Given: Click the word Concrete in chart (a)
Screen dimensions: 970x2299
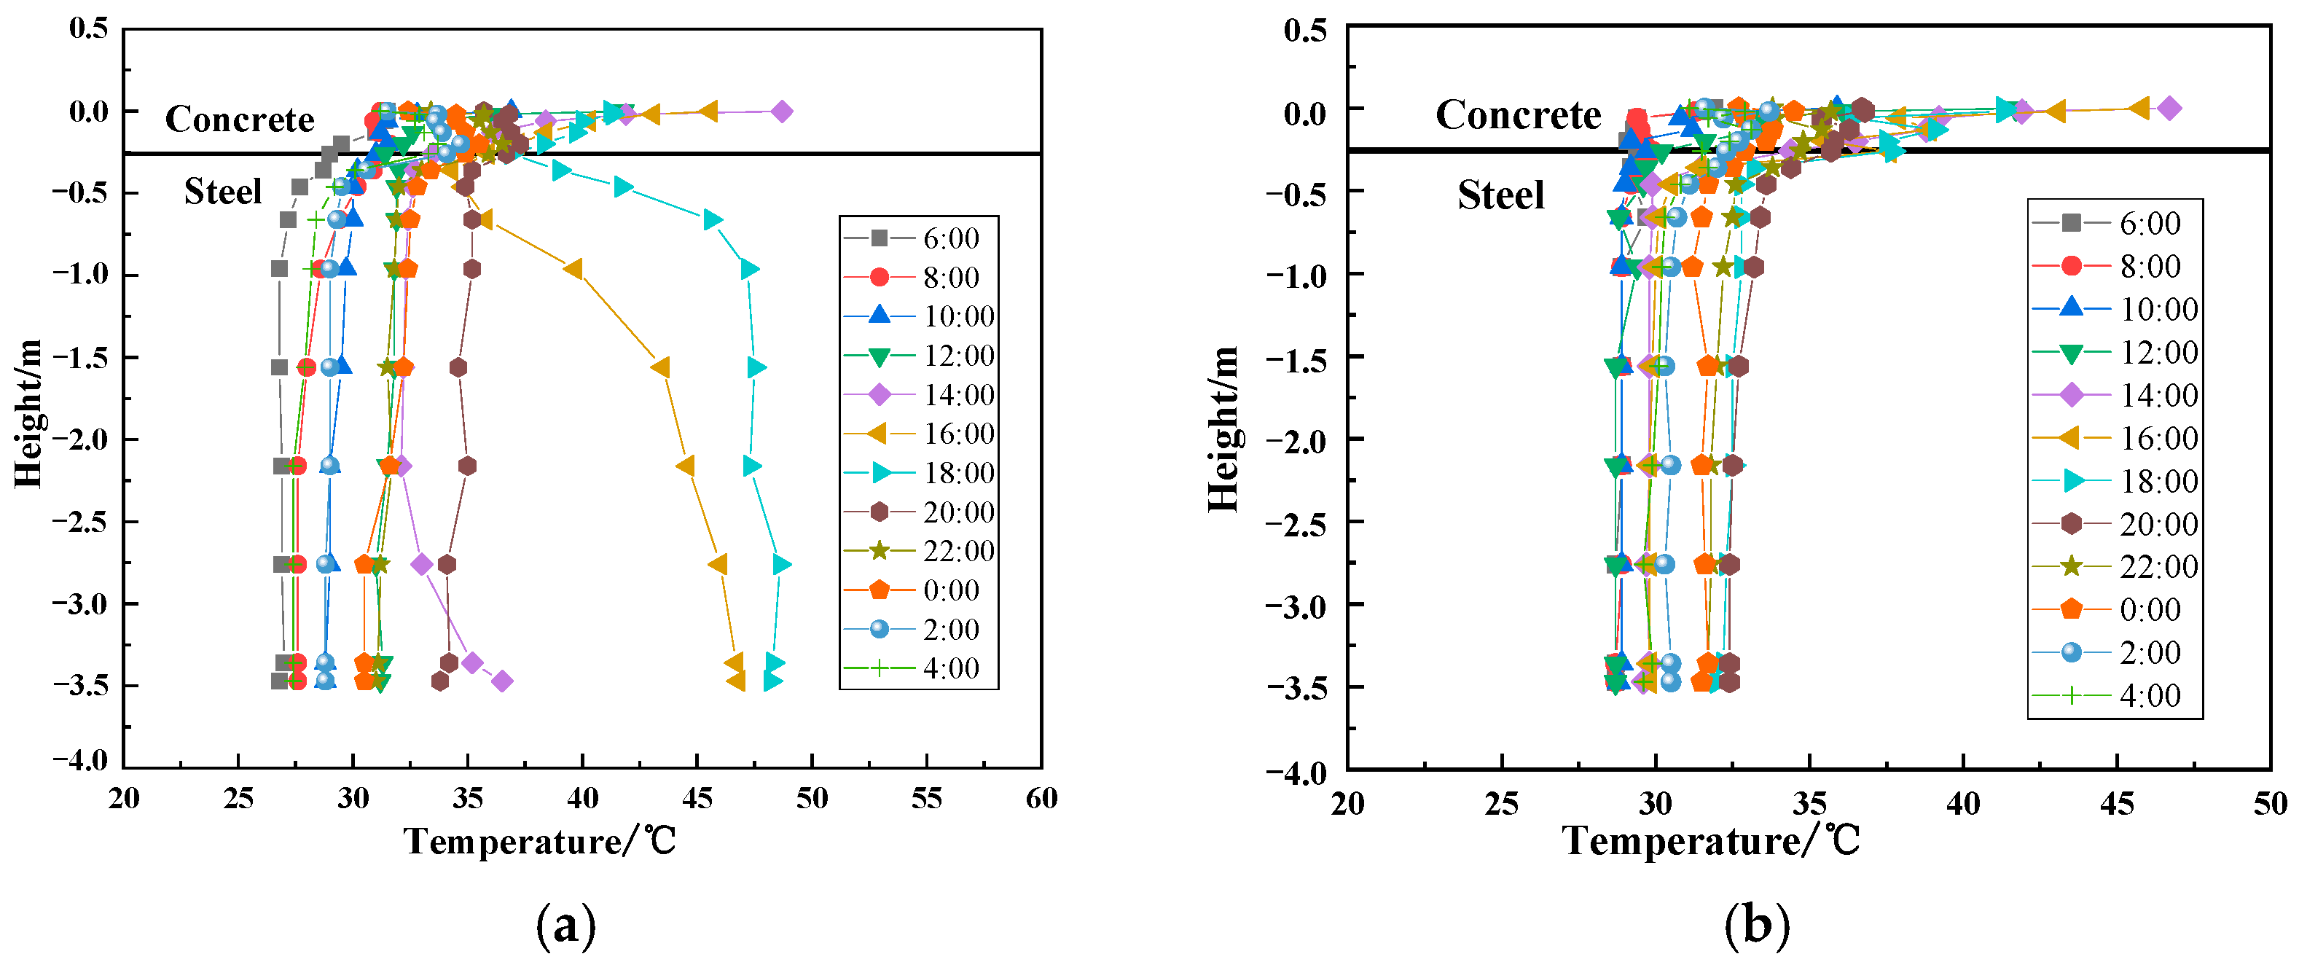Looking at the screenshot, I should [239, 119].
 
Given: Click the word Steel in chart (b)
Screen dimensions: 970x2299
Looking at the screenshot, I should [1500, 195].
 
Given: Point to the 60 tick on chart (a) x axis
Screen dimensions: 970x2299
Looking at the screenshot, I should [1041, 798].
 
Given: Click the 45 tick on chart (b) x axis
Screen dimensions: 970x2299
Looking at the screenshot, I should [2117, 803].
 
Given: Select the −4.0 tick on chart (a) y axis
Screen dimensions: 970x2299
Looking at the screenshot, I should [79, 759].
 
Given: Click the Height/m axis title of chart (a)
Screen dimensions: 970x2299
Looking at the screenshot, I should [28, 412].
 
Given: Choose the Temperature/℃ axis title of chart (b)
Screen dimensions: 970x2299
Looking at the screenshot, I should [1711, 840].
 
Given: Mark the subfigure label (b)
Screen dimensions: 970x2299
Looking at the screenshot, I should [1756, 926].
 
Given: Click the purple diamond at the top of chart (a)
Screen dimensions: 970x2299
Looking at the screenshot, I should [782, 112].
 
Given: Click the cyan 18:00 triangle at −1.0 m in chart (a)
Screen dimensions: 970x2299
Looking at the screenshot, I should [750, 269].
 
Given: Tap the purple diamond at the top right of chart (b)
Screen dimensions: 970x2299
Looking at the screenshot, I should [2171, 108].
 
